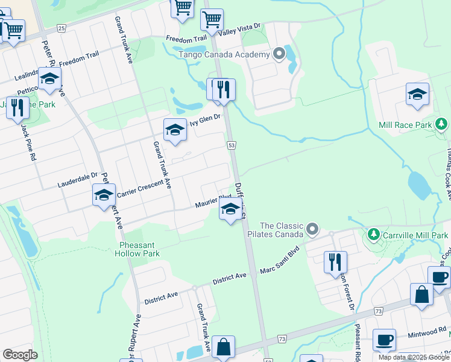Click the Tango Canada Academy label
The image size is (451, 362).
coord(223,55)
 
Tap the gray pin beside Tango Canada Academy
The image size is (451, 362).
coord(279,54)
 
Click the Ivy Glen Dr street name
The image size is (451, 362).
coord(206,121)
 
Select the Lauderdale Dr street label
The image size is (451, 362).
coord(77,180)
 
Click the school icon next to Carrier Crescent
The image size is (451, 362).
coord(104,195)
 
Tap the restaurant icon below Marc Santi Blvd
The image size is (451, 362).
coord(335,262)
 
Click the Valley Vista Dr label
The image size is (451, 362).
coord(239,30)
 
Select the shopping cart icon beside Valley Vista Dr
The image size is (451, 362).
coord(212,19)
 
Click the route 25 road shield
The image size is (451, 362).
coord(61,28)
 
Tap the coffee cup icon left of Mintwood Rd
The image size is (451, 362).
coord(383,340)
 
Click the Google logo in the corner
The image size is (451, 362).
coord(20,354)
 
